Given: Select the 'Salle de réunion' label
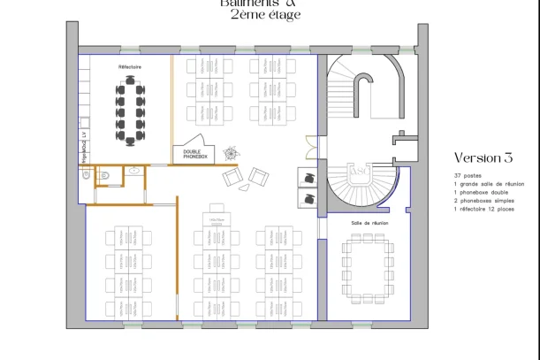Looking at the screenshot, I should click(x=369, y=223).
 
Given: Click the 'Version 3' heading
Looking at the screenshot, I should click(x=483, y=157).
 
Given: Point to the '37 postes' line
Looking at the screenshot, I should click(x=465, y=176).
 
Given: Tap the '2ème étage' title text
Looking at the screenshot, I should click(x=265, y=14).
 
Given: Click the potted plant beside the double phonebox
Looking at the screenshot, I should click(x=231, y=152).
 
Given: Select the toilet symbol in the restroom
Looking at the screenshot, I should click(x=103, y=176).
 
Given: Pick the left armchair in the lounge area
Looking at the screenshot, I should click(x=232, y=178).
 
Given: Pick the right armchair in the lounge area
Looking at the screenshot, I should click(x=259, y=175).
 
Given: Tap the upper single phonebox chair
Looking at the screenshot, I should click(x=309, y=177).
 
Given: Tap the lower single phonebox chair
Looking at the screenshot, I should click(x=309, y=198).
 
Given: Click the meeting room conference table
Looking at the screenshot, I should click(x=369, y=266).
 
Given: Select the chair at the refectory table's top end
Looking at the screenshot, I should click(x=131, y=80).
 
